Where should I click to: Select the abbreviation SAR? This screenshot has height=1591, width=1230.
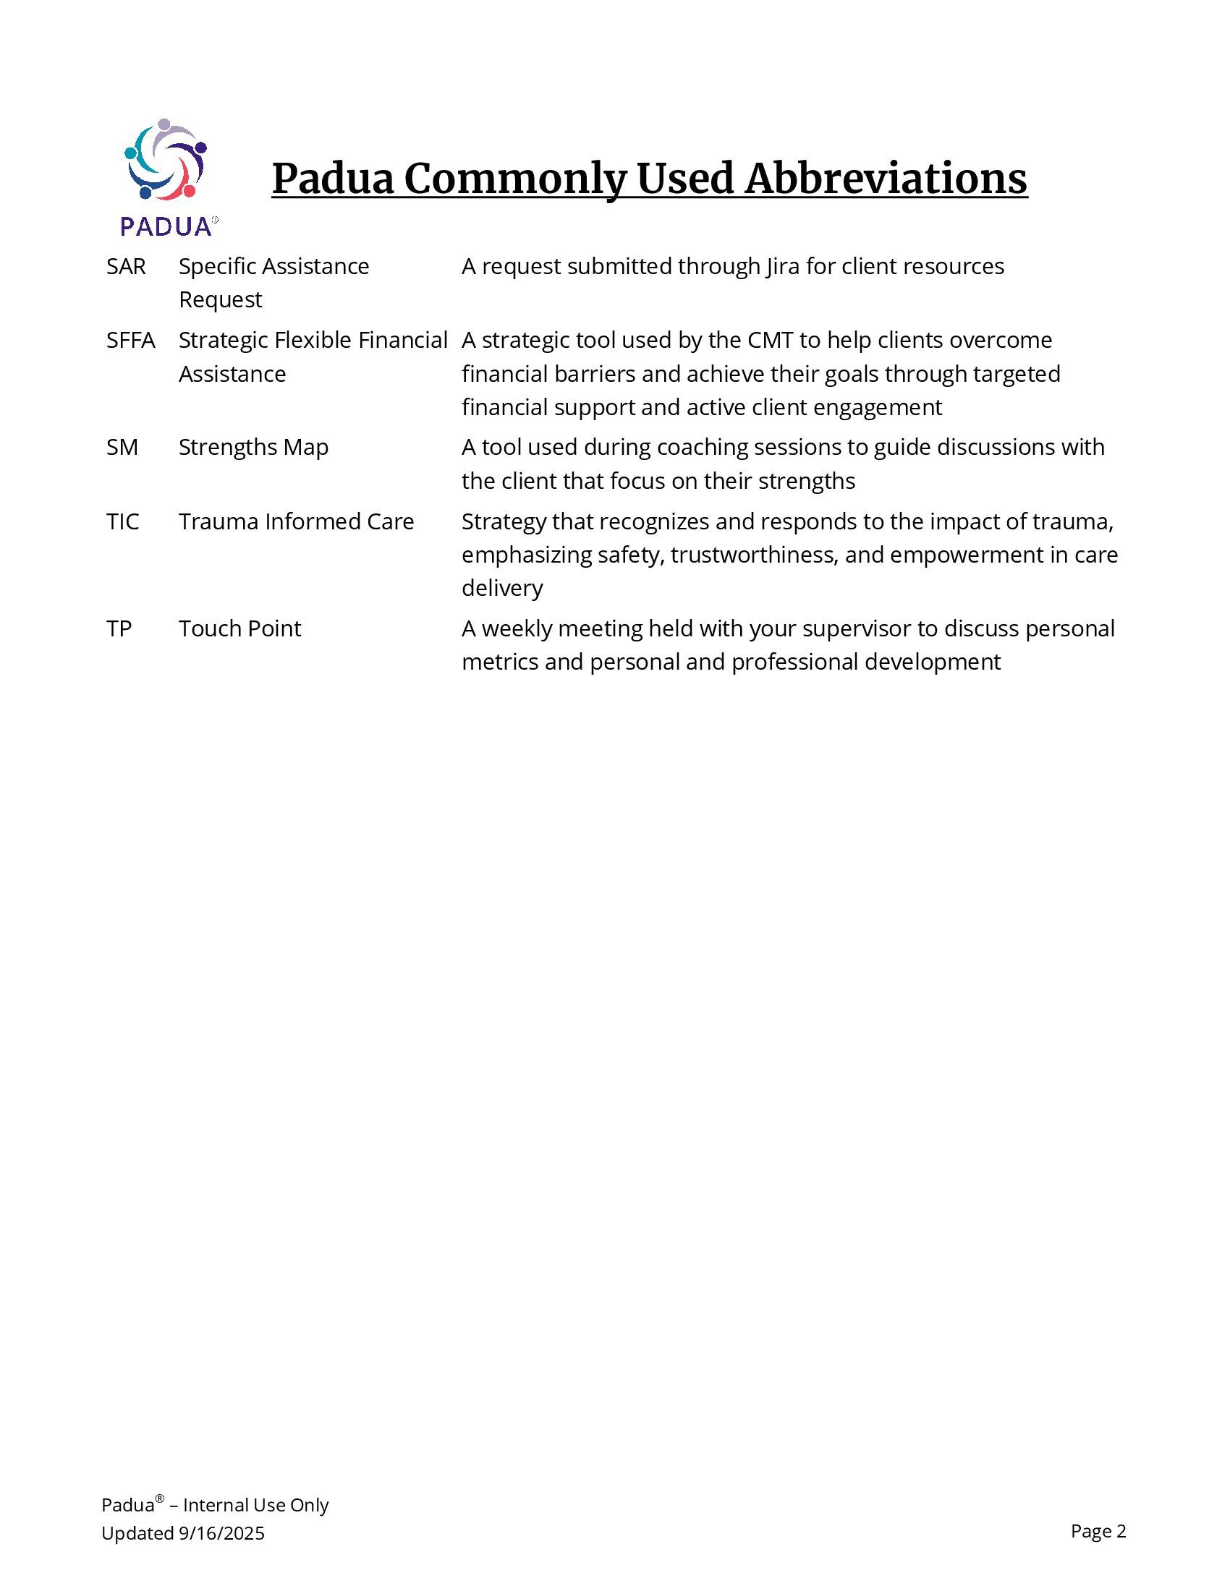pyautogui.click(x=126, y=267)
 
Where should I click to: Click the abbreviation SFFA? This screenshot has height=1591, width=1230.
pyautogui.click(x=130, y=340)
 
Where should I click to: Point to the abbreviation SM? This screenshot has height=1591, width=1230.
pyautogui.click(x=122, y=446)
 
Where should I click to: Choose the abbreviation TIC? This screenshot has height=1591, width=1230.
pyautogui.click(x=122, y=521)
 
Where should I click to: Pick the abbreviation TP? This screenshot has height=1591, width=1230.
pyautogui.click(x=119, y=628)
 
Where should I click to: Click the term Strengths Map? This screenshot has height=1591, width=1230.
pyautogui.click(x=253, y=446)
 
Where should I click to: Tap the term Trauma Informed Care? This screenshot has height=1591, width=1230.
pyautogui.click(x=296, y=521)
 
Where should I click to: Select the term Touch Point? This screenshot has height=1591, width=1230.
pyautogui.click(x=239, y=628)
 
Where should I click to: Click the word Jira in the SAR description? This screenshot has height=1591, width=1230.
pyautogui.click(x=782, y=267)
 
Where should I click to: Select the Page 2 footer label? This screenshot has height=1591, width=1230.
pyautogui.click(x=1098, y=1531)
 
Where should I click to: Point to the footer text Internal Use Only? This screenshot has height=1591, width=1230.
pyautogui.click(x=255, y=1505)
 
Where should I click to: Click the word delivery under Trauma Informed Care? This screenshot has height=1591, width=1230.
pyautogui.click(x=502, y=588)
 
